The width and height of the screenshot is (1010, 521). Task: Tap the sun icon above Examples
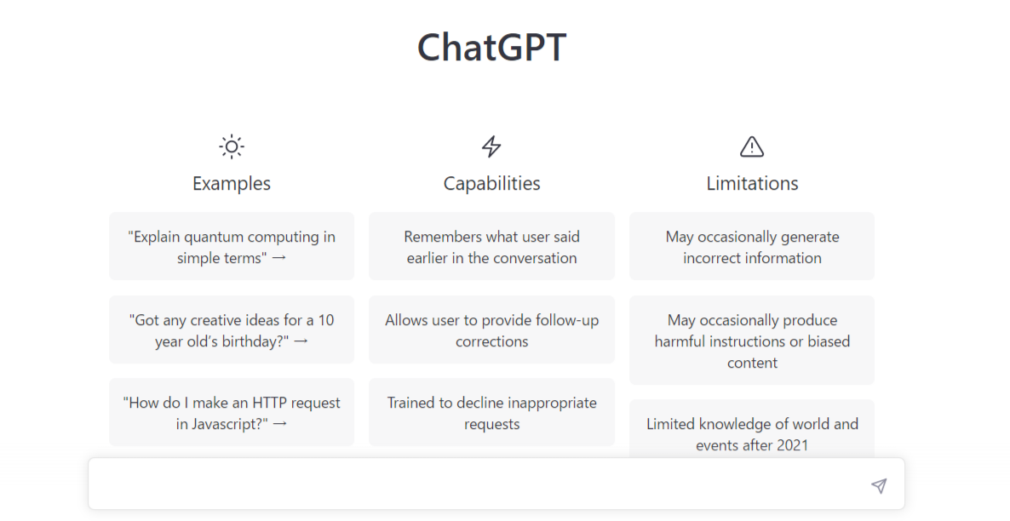pos(232,146)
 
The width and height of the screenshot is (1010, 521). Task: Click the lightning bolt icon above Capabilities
pos(491,146)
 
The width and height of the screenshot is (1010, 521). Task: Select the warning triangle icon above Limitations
pos(752,146)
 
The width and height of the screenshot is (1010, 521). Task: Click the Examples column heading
pos(232,184)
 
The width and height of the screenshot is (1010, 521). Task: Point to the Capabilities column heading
pos(491,184)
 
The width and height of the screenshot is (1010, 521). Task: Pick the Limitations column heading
pos(752,184)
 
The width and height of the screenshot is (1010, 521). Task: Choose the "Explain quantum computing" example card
pos(232,246)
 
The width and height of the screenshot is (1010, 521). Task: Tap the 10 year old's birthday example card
pos(232,329)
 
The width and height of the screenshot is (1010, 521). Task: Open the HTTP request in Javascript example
pos(232,412)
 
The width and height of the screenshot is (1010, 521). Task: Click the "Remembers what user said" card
pos(491,246)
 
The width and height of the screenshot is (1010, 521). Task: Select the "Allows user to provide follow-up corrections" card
pos(491,329)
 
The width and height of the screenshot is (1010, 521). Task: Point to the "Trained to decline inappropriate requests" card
pos(491,412)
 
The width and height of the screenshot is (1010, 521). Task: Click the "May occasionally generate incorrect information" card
pos(752,246)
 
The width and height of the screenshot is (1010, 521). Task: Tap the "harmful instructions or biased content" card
pos(752,340)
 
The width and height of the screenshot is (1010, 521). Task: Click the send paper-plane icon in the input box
pos(879,485)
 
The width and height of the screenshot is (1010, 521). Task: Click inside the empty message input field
pos(477,484)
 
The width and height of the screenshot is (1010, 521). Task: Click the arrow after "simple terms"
pos(279,258)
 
